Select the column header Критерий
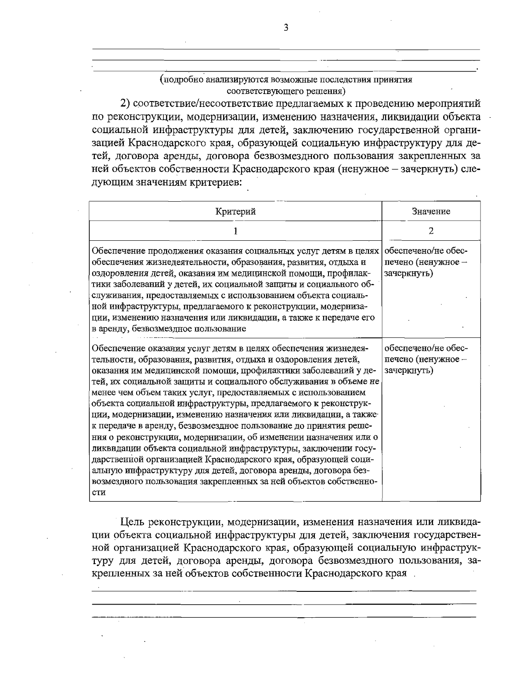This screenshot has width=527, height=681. [235, 212]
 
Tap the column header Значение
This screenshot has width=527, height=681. [431, 212]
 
